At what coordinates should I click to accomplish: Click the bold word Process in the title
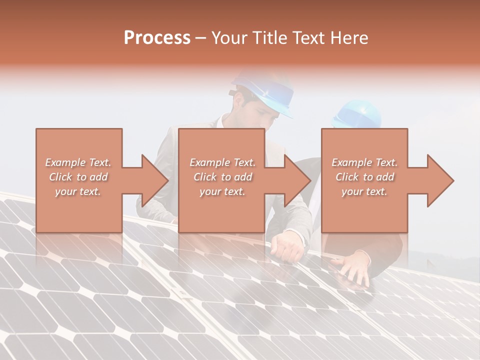click(x=157, y=38)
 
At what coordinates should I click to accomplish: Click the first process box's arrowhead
click(x=152, y=180)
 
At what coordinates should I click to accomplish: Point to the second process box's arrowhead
click(x=295, y=180)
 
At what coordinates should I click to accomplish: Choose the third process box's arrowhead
click(x=438, y=180)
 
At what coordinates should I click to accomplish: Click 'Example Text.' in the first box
click(x=78, y=162)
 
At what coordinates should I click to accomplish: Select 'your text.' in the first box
click(x=78, y=191)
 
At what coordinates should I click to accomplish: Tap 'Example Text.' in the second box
click(x=222, y=162)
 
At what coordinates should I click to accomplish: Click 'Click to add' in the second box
click(x=222, y=177)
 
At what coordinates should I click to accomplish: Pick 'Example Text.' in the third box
click(x=364, y=162)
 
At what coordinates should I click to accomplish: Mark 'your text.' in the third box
click(x=364, y=191)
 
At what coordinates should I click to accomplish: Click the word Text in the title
click(x=310, y=38)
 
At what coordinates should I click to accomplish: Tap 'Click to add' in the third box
click(x=364, y=177)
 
